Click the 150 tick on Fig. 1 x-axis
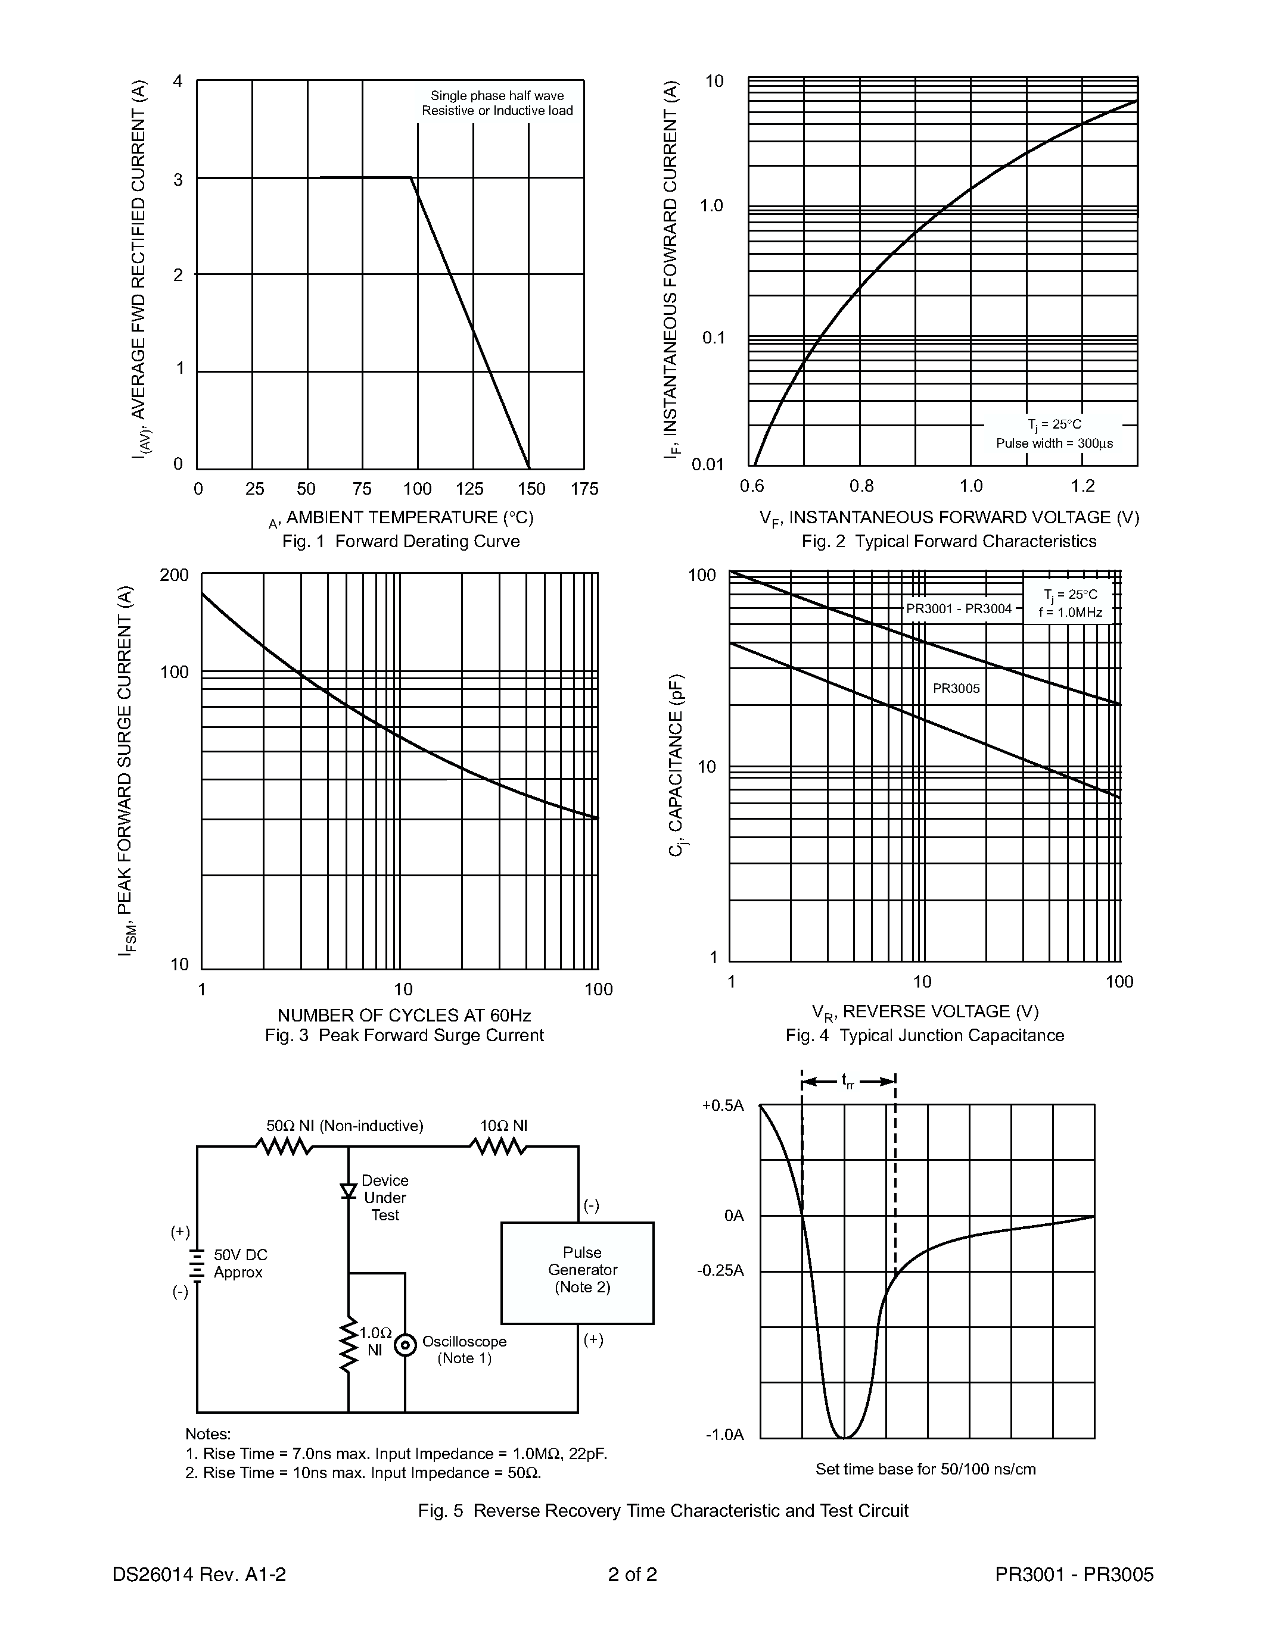pos(531,489)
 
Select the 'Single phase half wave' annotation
pos(496,96)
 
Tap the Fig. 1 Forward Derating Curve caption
pos(400,541)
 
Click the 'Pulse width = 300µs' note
pos(1054,443)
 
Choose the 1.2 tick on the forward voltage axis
pos(1083,486)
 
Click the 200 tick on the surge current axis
pos(174,575)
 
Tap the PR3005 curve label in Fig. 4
pos(956,688)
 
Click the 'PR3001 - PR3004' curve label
pos(959,608)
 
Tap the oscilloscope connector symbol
pos(405,1345)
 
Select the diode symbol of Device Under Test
pos(348,1191)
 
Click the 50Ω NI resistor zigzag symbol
pos(284,1147)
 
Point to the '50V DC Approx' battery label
pos(240,1263)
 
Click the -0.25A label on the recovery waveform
pos(720,1270)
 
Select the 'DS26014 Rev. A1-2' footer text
pos(199,1574)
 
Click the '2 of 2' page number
pos(632,1574)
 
